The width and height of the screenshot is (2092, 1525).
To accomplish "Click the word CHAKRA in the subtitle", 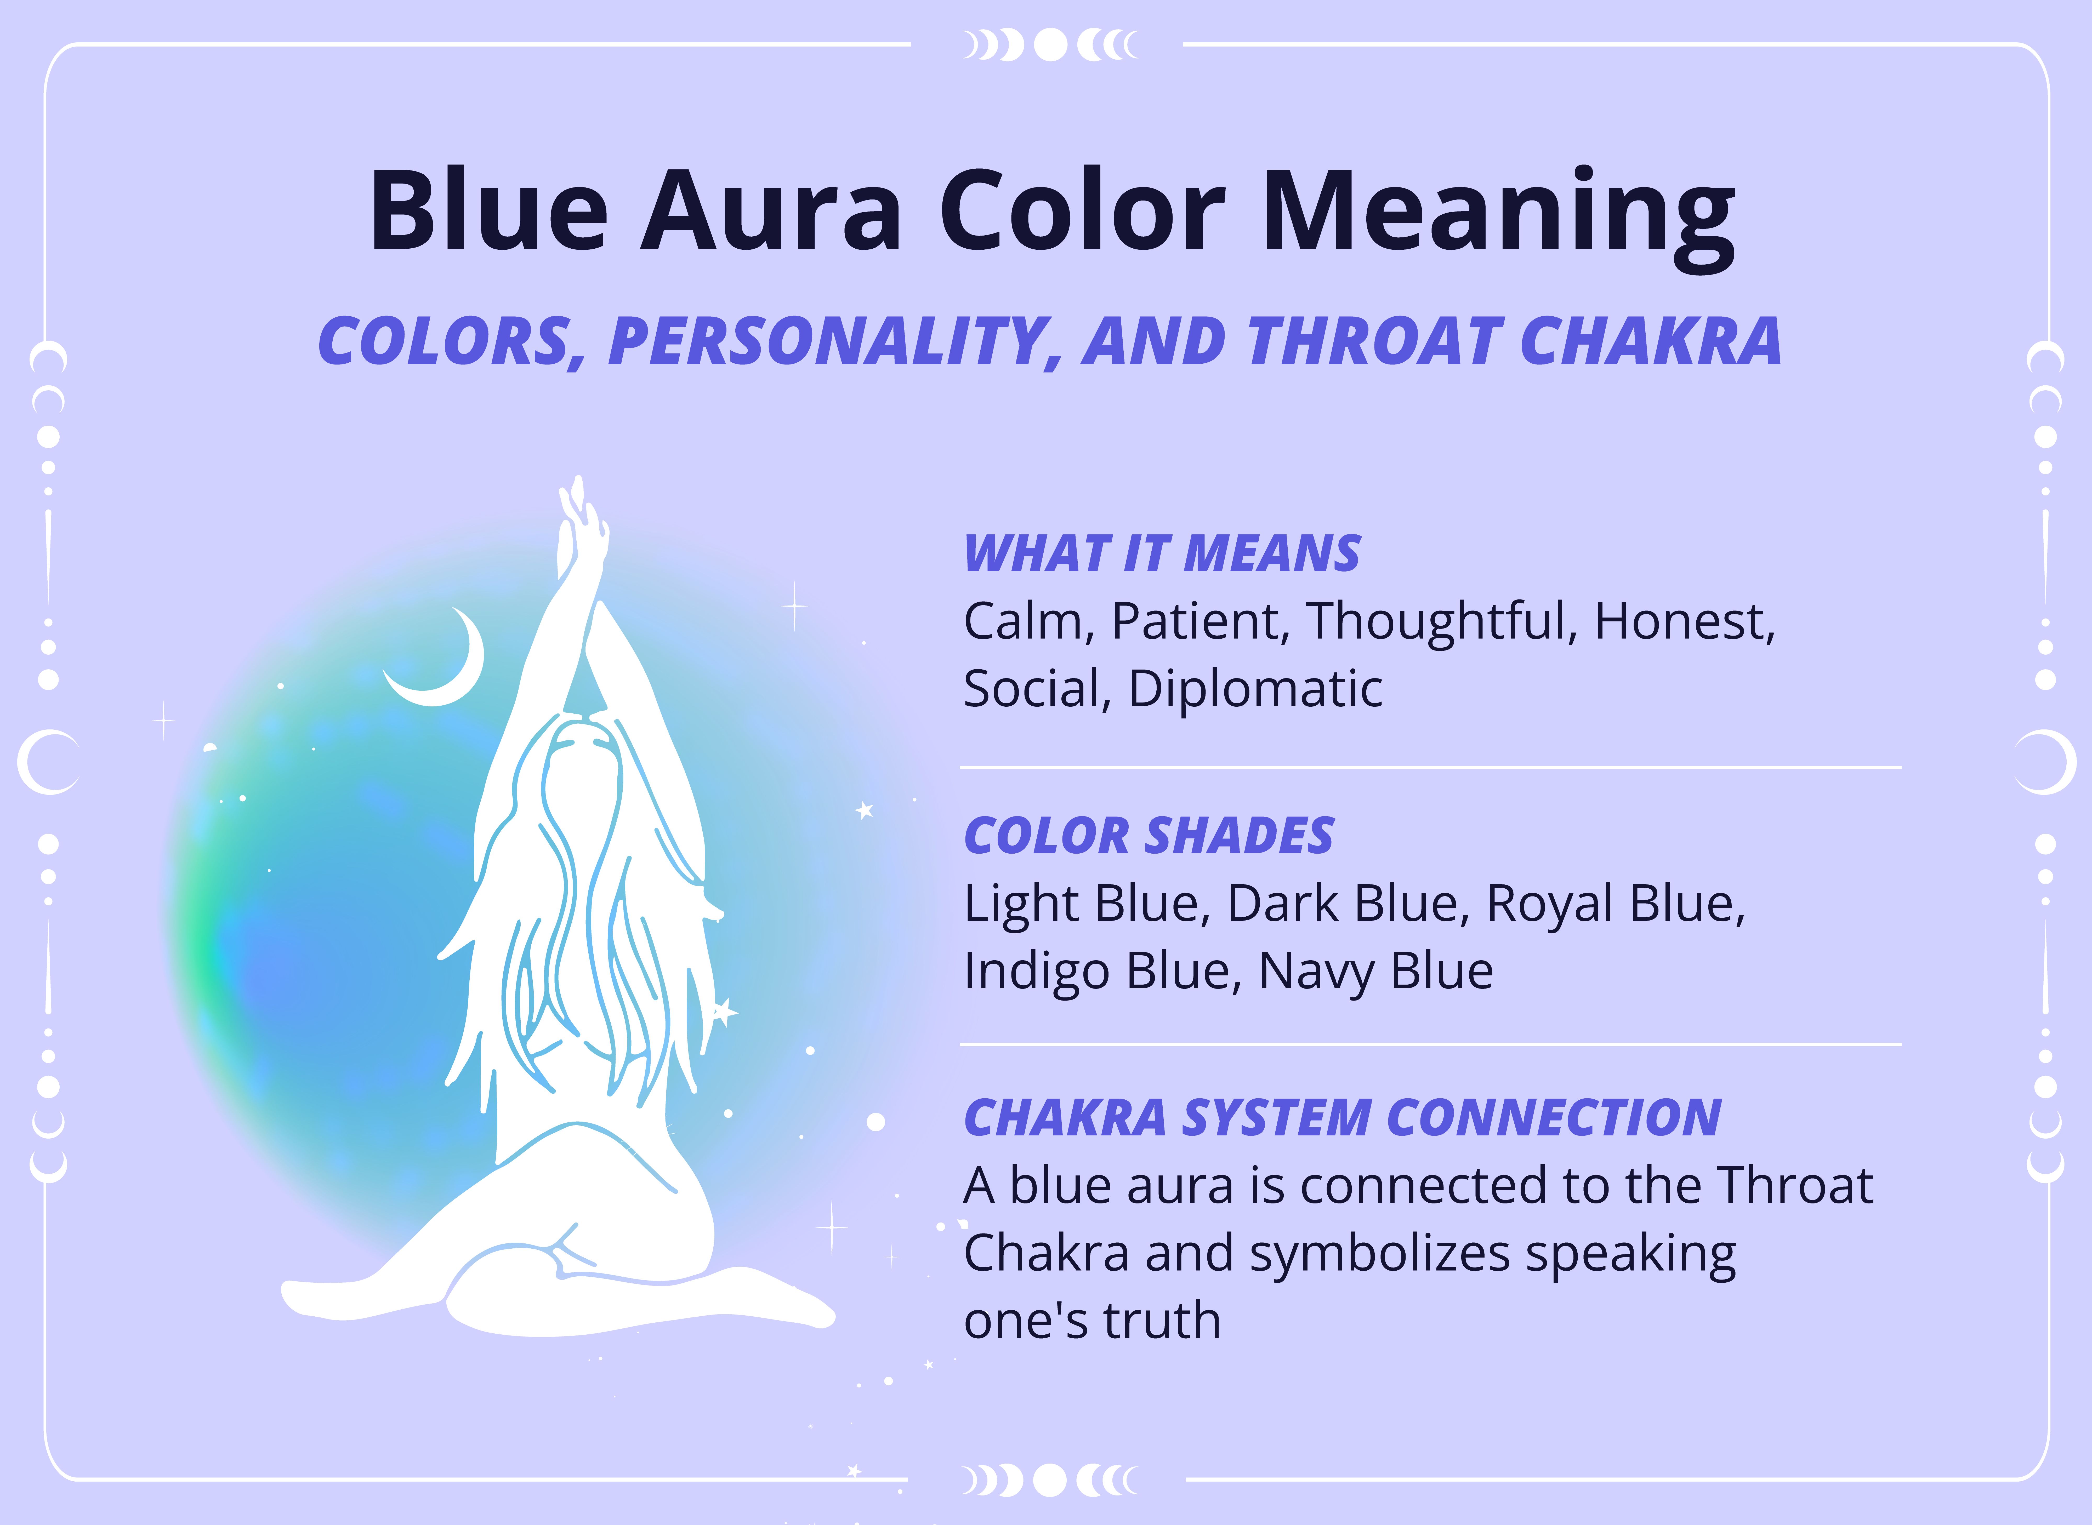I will [1650, 341].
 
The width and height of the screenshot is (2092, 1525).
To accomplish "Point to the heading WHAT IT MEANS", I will [1161, 554].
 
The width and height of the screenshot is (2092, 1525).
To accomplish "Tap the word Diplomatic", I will [1255, 689].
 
